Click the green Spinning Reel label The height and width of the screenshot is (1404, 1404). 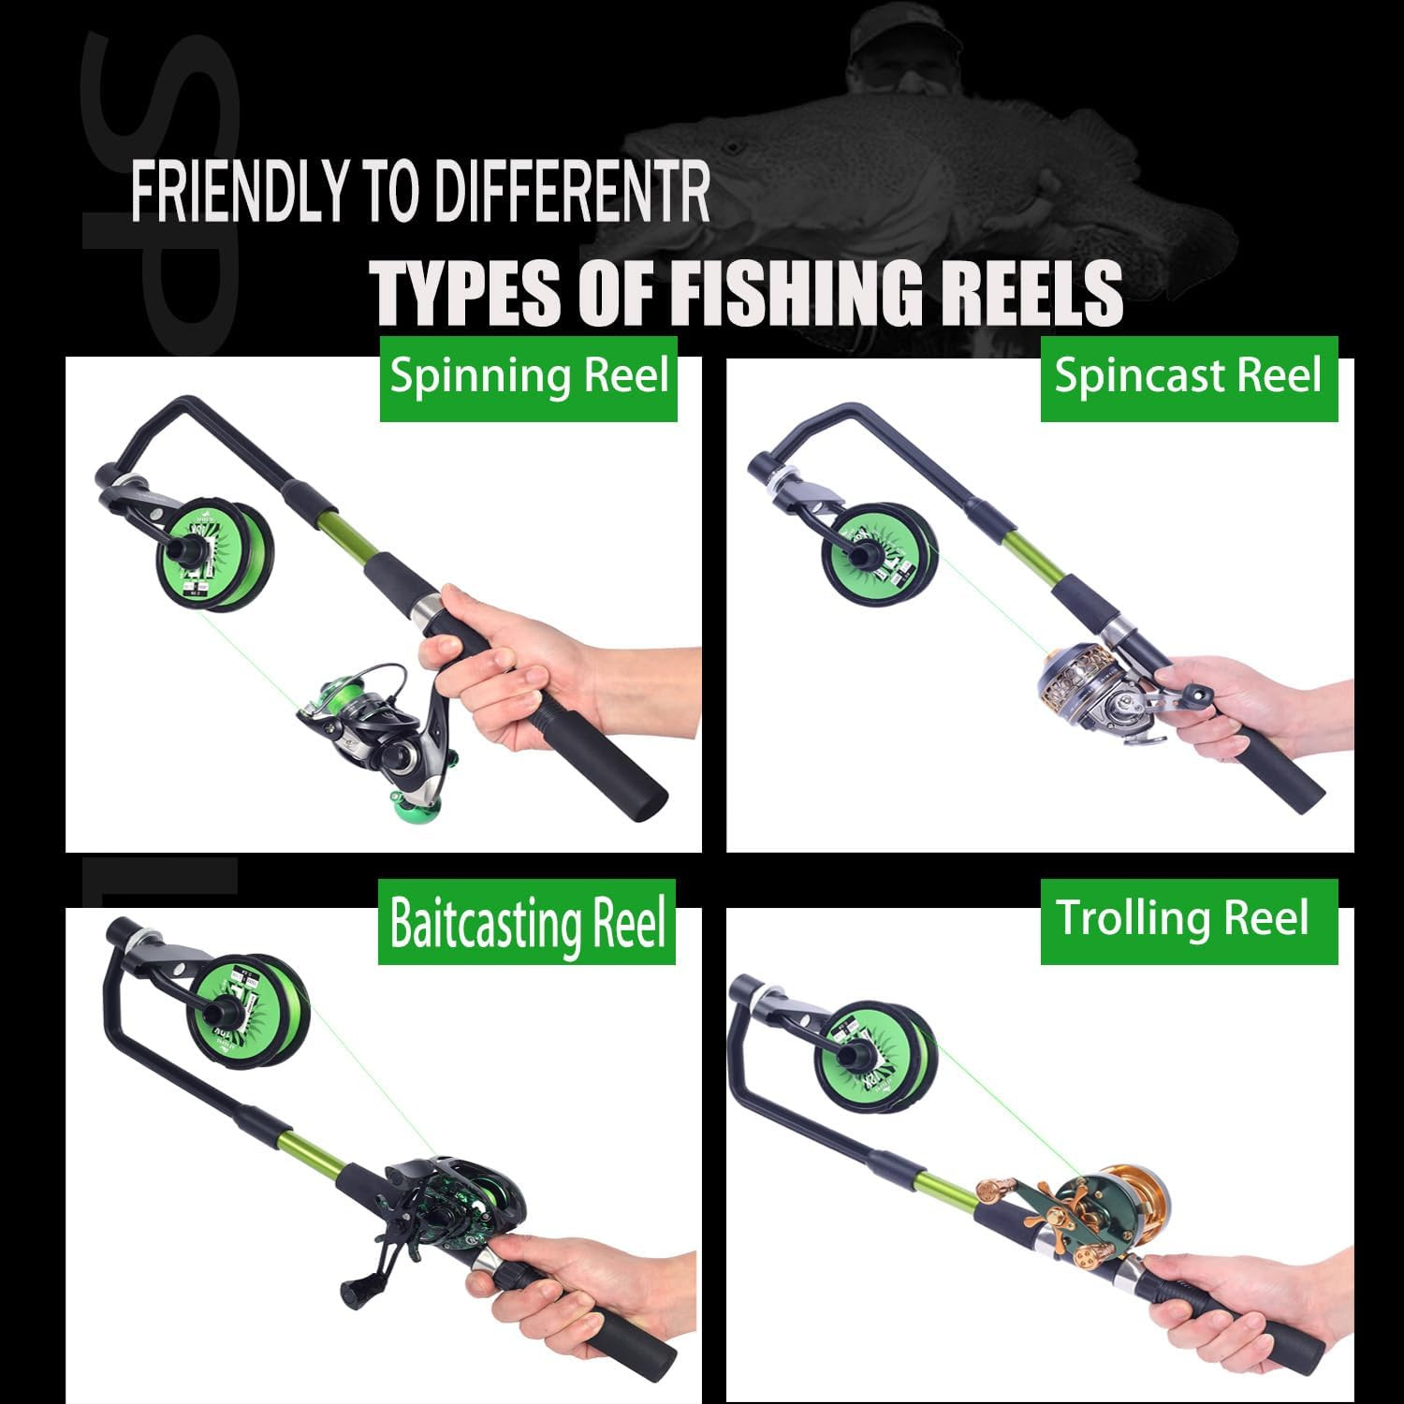528,377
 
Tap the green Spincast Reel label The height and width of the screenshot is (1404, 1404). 1188,377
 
